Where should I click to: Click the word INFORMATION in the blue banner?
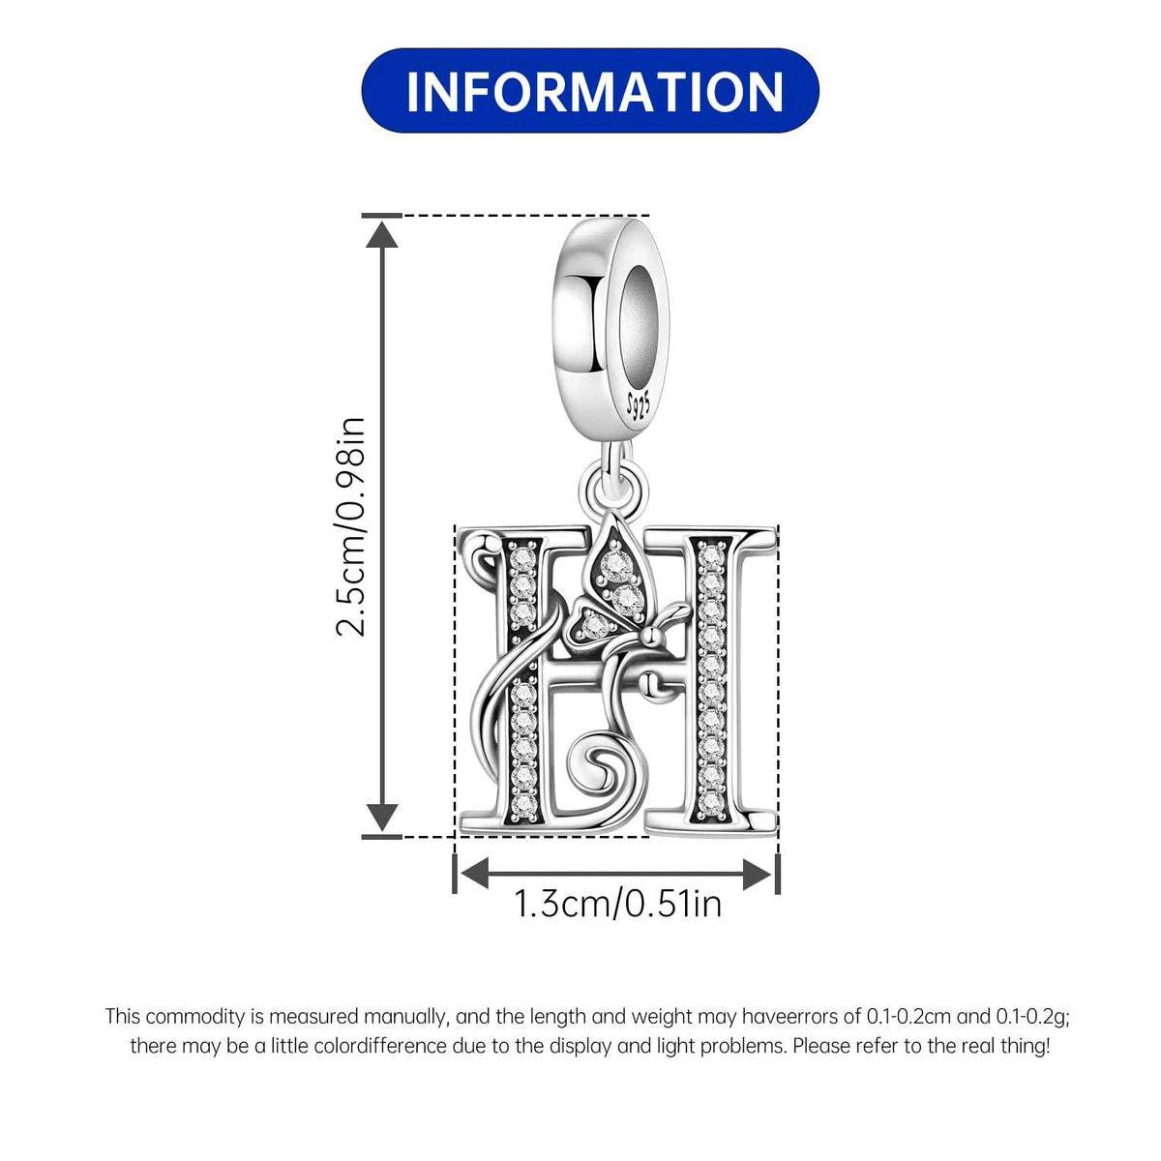click(595, 92)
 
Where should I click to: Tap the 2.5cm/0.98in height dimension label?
click(350, 526)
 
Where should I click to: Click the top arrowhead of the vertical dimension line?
click(382, 234)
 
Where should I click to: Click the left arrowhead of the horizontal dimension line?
click(474, 875)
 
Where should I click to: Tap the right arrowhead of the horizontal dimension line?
click(758, 875)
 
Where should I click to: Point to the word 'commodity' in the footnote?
click(195, 1017)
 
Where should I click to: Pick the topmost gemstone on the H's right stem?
click(711, 555)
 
